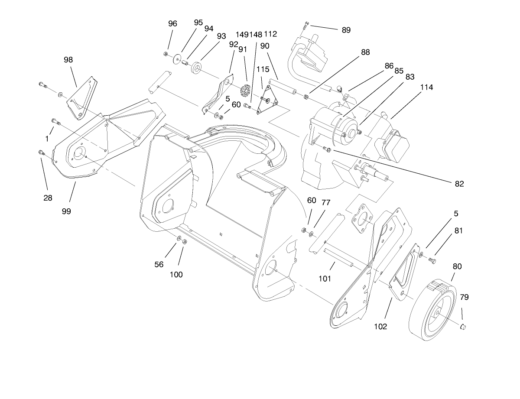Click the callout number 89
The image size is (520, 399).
(346, 30)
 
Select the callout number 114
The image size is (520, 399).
(426, 87)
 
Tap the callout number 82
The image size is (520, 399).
(459, 184)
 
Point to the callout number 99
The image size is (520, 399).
(66, 211)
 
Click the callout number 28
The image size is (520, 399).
(48, 198)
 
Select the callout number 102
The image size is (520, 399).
(380, 327)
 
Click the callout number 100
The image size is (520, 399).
(176, 274)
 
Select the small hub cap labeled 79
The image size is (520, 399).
(463, 326)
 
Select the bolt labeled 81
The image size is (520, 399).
(432, 260)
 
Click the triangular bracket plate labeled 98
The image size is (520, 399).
(81, 97)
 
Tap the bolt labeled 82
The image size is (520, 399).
(327, 150)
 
